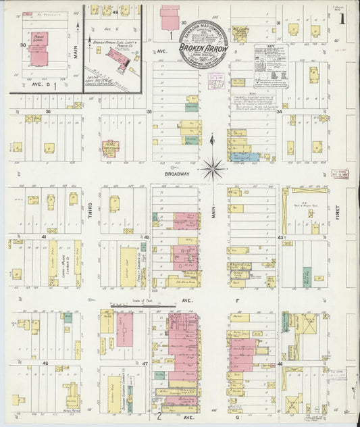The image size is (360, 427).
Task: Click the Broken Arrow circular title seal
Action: pos(203,48)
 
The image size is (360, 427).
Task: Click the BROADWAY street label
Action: pos(177,172)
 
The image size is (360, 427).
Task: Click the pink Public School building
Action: pos(39,51)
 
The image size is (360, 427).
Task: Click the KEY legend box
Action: pos(271,66)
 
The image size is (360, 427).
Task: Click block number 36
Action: pos(48,111)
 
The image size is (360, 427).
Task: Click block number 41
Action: pos(44,237)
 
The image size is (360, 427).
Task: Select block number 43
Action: pos(280,237)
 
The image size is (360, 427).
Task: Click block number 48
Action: pos(45,363)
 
